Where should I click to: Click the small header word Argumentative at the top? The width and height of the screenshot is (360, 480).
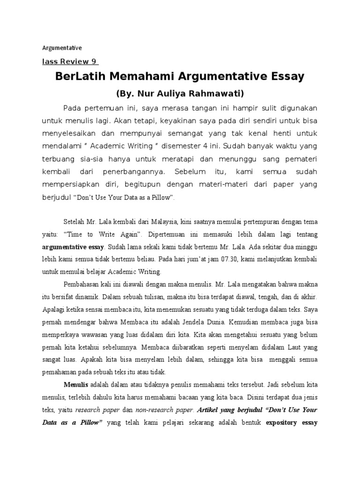62,48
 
